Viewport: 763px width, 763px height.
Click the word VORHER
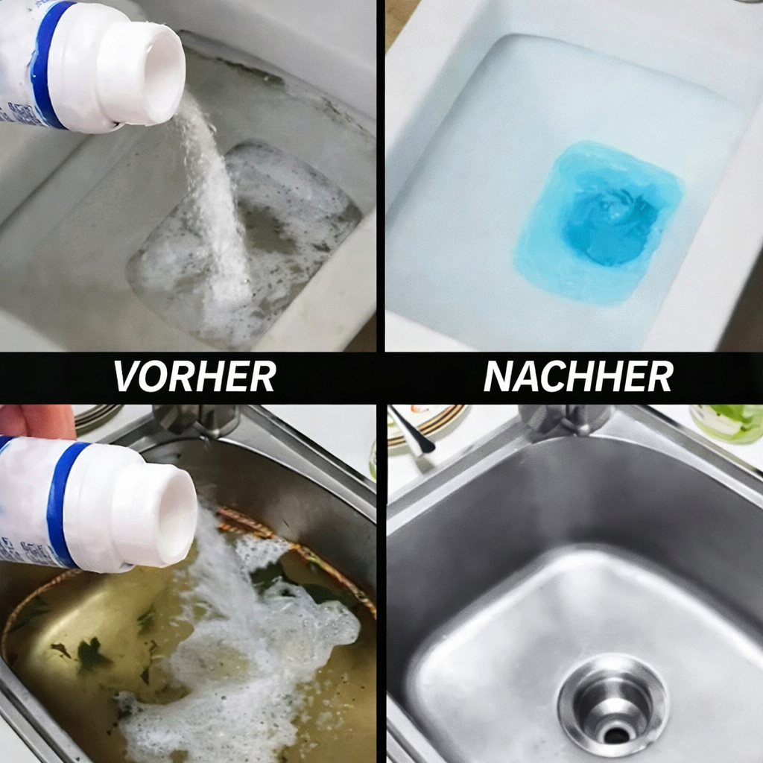tap(194, 377)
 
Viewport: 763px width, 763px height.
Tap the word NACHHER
tap(577, 377)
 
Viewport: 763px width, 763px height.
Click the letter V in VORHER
tap(127, 377)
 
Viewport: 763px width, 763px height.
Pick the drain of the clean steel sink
tap(614, 703)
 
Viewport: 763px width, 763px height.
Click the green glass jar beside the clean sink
tap(726, 422)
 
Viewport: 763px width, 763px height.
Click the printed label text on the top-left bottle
tap(10, 104)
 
